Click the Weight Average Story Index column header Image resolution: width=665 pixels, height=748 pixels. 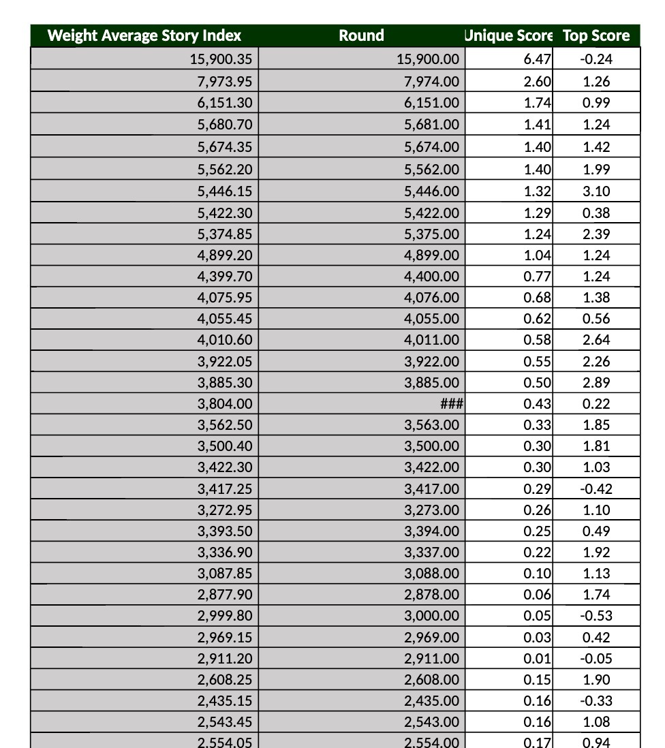pos(144,35)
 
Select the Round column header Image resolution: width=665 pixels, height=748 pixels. pos(361,35)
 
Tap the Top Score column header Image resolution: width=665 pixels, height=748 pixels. pos(596,35)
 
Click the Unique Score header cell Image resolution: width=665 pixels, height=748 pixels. pos(508,35)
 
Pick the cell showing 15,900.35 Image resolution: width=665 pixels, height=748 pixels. pos(221,59)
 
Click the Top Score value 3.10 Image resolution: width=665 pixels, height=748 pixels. pos(596,191)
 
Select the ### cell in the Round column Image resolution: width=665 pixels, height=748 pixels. pos(451,404)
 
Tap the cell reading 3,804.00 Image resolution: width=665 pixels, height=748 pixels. pos(225,404)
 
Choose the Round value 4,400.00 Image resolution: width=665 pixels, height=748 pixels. pos(431,277)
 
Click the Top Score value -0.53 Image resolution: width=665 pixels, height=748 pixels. pos(596,616)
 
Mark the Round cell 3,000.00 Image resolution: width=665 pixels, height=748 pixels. pos(431,616)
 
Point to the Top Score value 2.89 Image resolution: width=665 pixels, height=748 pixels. pos(596,383)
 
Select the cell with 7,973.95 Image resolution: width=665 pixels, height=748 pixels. pos(225,82)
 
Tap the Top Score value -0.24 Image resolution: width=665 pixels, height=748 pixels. pos(596,59)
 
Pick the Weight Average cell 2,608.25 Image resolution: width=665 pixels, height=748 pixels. pos(225,680)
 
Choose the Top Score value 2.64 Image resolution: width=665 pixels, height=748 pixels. pos(596,340)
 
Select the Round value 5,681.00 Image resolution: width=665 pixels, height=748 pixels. pos(431,125)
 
